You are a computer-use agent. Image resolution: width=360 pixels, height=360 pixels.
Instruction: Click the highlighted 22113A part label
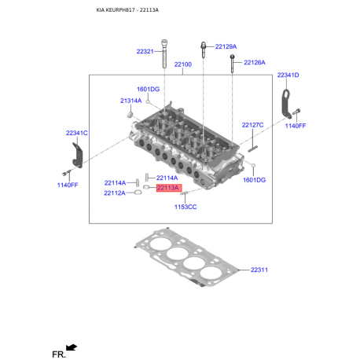tap(168, 189)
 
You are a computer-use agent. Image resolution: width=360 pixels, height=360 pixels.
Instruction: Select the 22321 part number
tap(145, 52)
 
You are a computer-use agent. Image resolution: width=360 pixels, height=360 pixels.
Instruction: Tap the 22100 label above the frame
tap(182, 64)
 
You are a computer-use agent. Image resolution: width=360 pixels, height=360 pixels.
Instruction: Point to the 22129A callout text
tap(226, 46)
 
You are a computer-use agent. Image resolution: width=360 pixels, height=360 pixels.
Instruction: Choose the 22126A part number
tap(254, 62)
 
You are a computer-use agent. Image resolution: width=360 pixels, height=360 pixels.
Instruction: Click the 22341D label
tap(288, 75)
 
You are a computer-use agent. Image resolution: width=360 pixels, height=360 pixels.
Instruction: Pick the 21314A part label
tap(131, 101)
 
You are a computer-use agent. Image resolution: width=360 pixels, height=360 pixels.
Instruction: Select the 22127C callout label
tap(253, 125)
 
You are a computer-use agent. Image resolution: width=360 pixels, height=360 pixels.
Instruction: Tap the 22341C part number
tap(77, 133)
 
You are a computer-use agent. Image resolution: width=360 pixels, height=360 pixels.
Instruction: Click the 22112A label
tap(115, 193)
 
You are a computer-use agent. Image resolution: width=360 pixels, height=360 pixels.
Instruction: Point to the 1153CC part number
tap(186, 207)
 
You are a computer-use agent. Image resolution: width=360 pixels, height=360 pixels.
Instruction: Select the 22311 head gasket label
tap(259, 270)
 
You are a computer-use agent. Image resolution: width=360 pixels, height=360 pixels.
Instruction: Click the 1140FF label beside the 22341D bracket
tap(296, 126)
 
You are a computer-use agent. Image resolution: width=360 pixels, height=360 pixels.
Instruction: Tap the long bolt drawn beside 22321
tap(164, 57)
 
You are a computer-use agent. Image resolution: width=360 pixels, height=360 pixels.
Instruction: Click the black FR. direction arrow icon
tap(72, 346)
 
